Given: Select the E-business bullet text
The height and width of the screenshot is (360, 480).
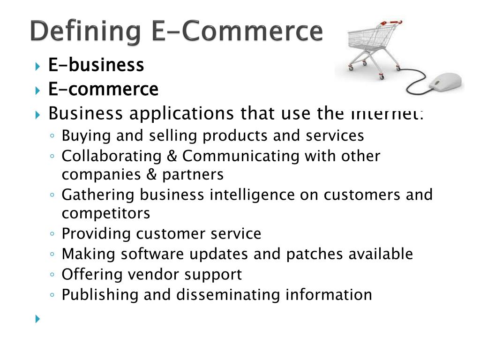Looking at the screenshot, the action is (x=96, y=65).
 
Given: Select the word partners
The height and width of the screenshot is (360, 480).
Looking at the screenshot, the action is (x=193, y=174).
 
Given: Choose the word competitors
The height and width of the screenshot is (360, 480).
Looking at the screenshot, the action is (x=106, y=213).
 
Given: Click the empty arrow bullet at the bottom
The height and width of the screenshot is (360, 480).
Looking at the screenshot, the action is (x=38, y=319).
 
